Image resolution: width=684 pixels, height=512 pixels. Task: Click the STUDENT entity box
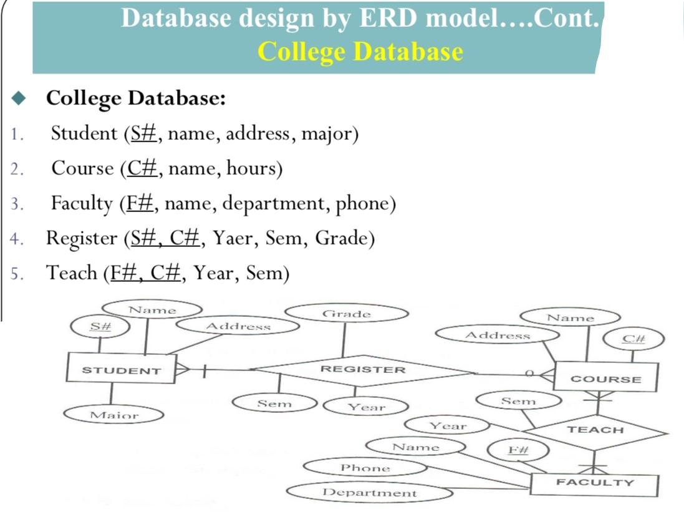point(113,369)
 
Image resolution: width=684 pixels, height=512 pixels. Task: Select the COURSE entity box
point(605,378)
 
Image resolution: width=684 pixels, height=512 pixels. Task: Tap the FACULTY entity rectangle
point(594,483)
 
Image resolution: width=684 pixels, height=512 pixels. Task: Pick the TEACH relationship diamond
point(595,430)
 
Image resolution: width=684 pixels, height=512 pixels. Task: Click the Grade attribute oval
point(346,314)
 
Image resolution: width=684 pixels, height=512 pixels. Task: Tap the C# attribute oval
point(633,339)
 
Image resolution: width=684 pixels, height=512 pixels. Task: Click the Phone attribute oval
point(365,468)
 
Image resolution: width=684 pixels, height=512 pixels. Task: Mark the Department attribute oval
point(370,493)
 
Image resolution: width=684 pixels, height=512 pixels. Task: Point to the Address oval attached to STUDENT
point(238,326)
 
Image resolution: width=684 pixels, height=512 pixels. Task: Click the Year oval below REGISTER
point(366,407)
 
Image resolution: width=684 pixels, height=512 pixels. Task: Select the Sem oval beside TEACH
point(518,401)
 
